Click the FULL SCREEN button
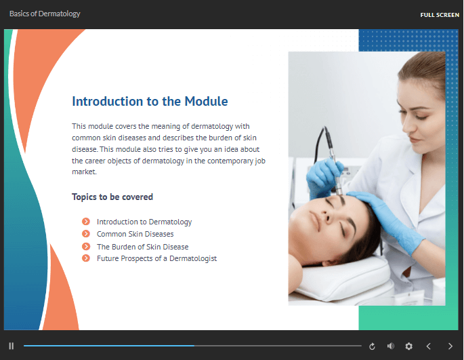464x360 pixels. point(440,15)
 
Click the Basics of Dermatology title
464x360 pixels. point(45,14)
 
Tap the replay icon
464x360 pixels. point(372,346)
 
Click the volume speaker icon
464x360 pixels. point(391,346)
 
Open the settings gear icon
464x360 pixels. point(408,346)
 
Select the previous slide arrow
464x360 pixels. point(428,346)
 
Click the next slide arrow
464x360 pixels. point(450,346)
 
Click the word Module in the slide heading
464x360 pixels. point(206,101)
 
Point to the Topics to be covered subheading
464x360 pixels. point(112,197)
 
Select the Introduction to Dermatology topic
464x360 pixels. point(144,222)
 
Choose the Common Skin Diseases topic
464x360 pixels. point(135,234)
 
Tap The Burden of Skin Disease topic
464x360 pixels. point(143,247)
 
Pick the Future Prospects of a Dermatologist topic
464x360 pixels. point(157,259)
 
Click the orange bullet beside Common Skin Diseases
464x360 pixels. point(86,234)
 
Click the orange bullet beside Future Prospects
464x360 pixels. point(86,258)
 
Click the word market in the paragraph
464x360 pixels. point(85,172)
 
